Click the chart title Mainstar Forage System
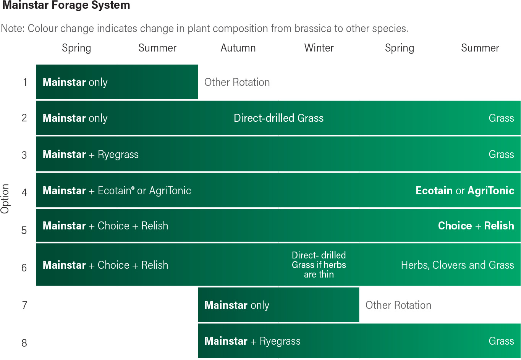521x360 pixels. coord(66,5)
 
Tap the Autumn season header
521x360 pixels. coord(238,48)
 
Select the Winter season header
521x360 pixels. coord(319,48)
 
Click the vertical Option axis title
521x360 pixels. coord(5,199)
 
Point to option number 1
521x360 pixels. coord(25,82)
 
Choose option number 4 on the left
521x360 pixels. coord(24,192)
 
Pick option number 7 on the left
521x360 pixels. coord(25,305)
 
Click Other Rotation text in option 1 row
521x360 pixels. coord(237,82)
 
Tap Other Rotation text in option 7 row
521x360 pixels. coord(398,305)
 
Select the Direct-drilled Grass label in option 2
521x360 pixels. coord(278,118)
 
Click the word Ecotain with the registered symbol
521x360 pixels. coord(116,190)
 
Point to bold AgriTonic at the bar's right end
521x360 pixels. coord(491,190)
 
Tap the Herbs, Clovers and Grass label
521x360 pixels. coord(457,265)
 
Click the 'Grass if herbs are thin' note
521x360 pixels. coord(319,270)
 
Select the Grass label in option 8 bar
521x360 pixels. coord(501,341)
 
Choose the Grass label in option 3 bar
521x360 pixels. coord(501,154)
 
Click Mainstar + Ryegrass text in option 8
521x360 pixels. coord(252,341)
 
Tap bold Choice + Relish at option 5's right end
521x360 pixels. coord(476,226)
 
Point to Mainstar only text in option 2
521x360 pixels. coord(75,118)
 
